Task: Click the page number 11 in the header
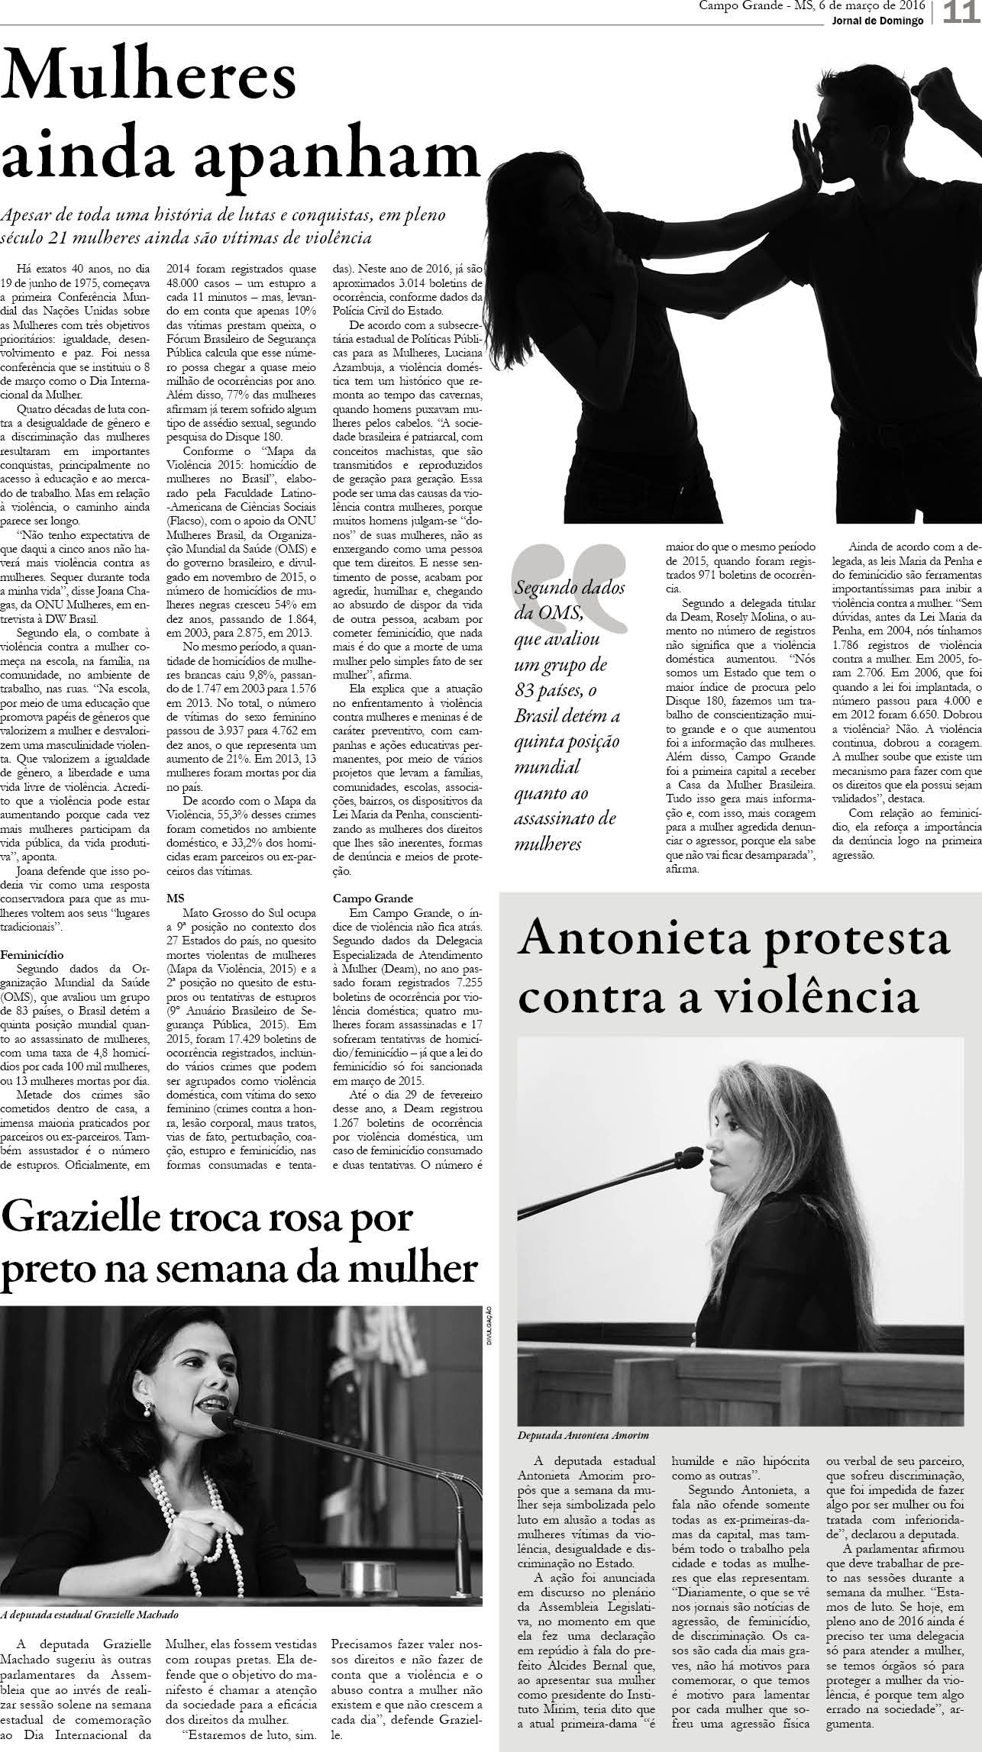pyautogui.click(x=961, y=13)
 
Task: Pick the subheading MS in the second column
pyautogui.click(x=175, y=898)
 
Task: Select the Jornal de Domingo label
pyautogui.click(x=878, y=21)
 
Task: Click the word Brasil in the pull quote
pyautogui.click(x=544, y=717)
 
